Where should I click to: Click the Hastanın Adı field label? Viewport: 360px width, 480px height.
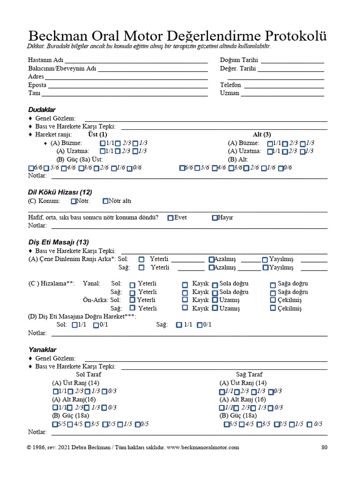click(45, 60)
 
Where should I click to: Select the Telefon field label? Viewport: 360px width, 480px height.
click(231, 85)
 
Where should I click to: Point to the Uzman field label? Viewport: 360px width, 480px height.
click(230, 93)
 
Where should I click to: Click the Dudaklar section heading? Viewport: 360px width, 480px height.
click(42, 110)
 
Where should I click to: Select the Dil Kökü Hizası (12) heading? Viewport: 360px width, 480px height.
click(60, 192)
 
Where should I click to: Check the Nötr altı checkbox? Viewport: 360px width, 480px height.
click(105, 201)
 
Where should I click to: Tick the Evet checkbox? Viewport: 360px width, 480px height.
click(171, 217)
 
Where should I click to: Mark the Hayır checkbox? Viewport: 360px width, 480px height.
click(215, 217)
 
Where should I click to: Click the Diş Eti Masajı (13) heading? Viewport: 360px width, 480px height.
click(59, 242)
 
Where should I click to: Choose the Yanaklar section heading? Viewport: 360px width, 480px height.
click(42, 350)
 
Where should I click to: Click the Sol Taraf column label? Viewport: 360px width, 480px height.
click(88, 375)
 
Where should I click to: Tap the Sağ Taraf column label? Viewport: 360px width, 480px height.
click(249, 375)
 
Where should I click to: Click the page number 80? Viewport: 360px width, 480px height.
click(324, 447)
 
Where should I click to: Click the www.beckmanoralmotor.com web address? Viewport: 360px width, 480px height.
click(203, 447)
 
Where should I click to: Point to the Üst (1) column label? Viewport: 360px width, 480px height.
click(97, 135)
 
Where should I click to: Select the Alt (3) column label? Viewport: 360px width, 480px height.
click(262, 135)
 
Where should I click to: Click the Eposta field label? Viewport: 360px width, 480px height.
click(37, 85)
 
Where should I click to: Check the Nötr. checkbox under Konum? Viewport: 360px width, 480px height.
click(74, 201)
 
